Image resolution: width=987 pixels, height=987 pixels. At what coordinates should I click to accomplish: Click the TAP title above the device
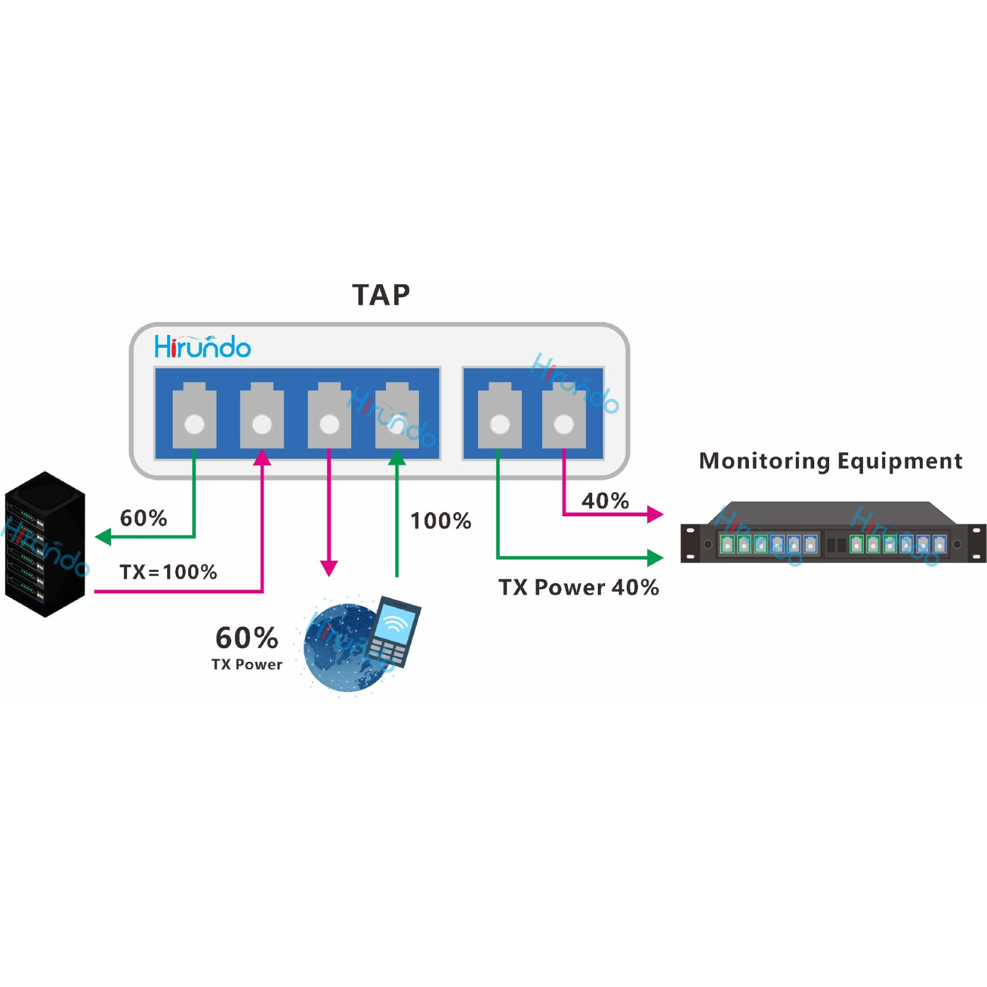(381, 295)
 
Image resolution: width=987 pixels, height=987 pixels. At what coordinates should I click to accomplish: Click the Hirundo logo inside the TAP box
(202, 347)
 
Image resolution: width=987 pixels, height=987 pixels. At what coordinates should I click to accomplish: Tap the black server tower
(44, 544)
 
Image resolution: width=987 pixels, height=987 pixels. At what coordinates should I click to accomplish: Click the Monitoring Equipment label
(830, 461)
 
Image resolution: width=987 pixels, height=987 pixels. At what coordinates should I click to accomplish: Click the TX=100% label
(168, 572)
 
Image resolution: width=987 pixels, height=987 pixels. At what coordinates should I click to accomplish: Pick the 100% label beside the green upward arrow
(440, 521)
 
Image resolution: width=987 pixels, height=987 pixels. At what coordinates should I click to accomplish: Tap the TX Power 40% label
(579, 587)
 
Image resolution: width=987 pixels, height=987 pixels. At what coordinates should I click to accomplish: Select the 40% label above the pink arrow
(605, 500)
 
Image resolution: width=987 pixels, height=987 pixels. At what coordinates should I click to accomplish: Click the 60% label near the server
(143, 518)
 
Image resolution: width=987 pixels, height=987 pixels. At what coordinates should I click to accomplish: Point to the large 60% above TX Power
(247, 638)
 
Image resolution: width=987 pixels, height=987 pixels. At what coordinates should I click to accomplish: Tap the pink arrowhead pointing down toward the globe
(329, 568)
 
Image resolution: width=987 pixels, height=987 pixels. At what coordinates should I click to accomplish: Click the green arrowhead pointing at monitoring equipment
(655, 558)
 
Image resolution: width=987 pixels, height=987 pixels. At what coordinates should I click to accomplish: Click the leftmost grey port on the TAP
(194, 416)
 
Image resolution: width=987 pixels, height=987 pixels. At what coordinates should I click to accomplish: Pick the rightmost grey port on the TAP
(564, 416)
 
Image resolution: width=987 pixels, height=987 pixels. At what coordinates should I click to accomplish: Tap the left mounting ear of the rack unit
(690, 543)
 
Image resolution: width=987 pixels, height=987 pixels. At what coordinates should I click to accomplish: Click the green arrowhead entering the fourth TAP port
(397, 458)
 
